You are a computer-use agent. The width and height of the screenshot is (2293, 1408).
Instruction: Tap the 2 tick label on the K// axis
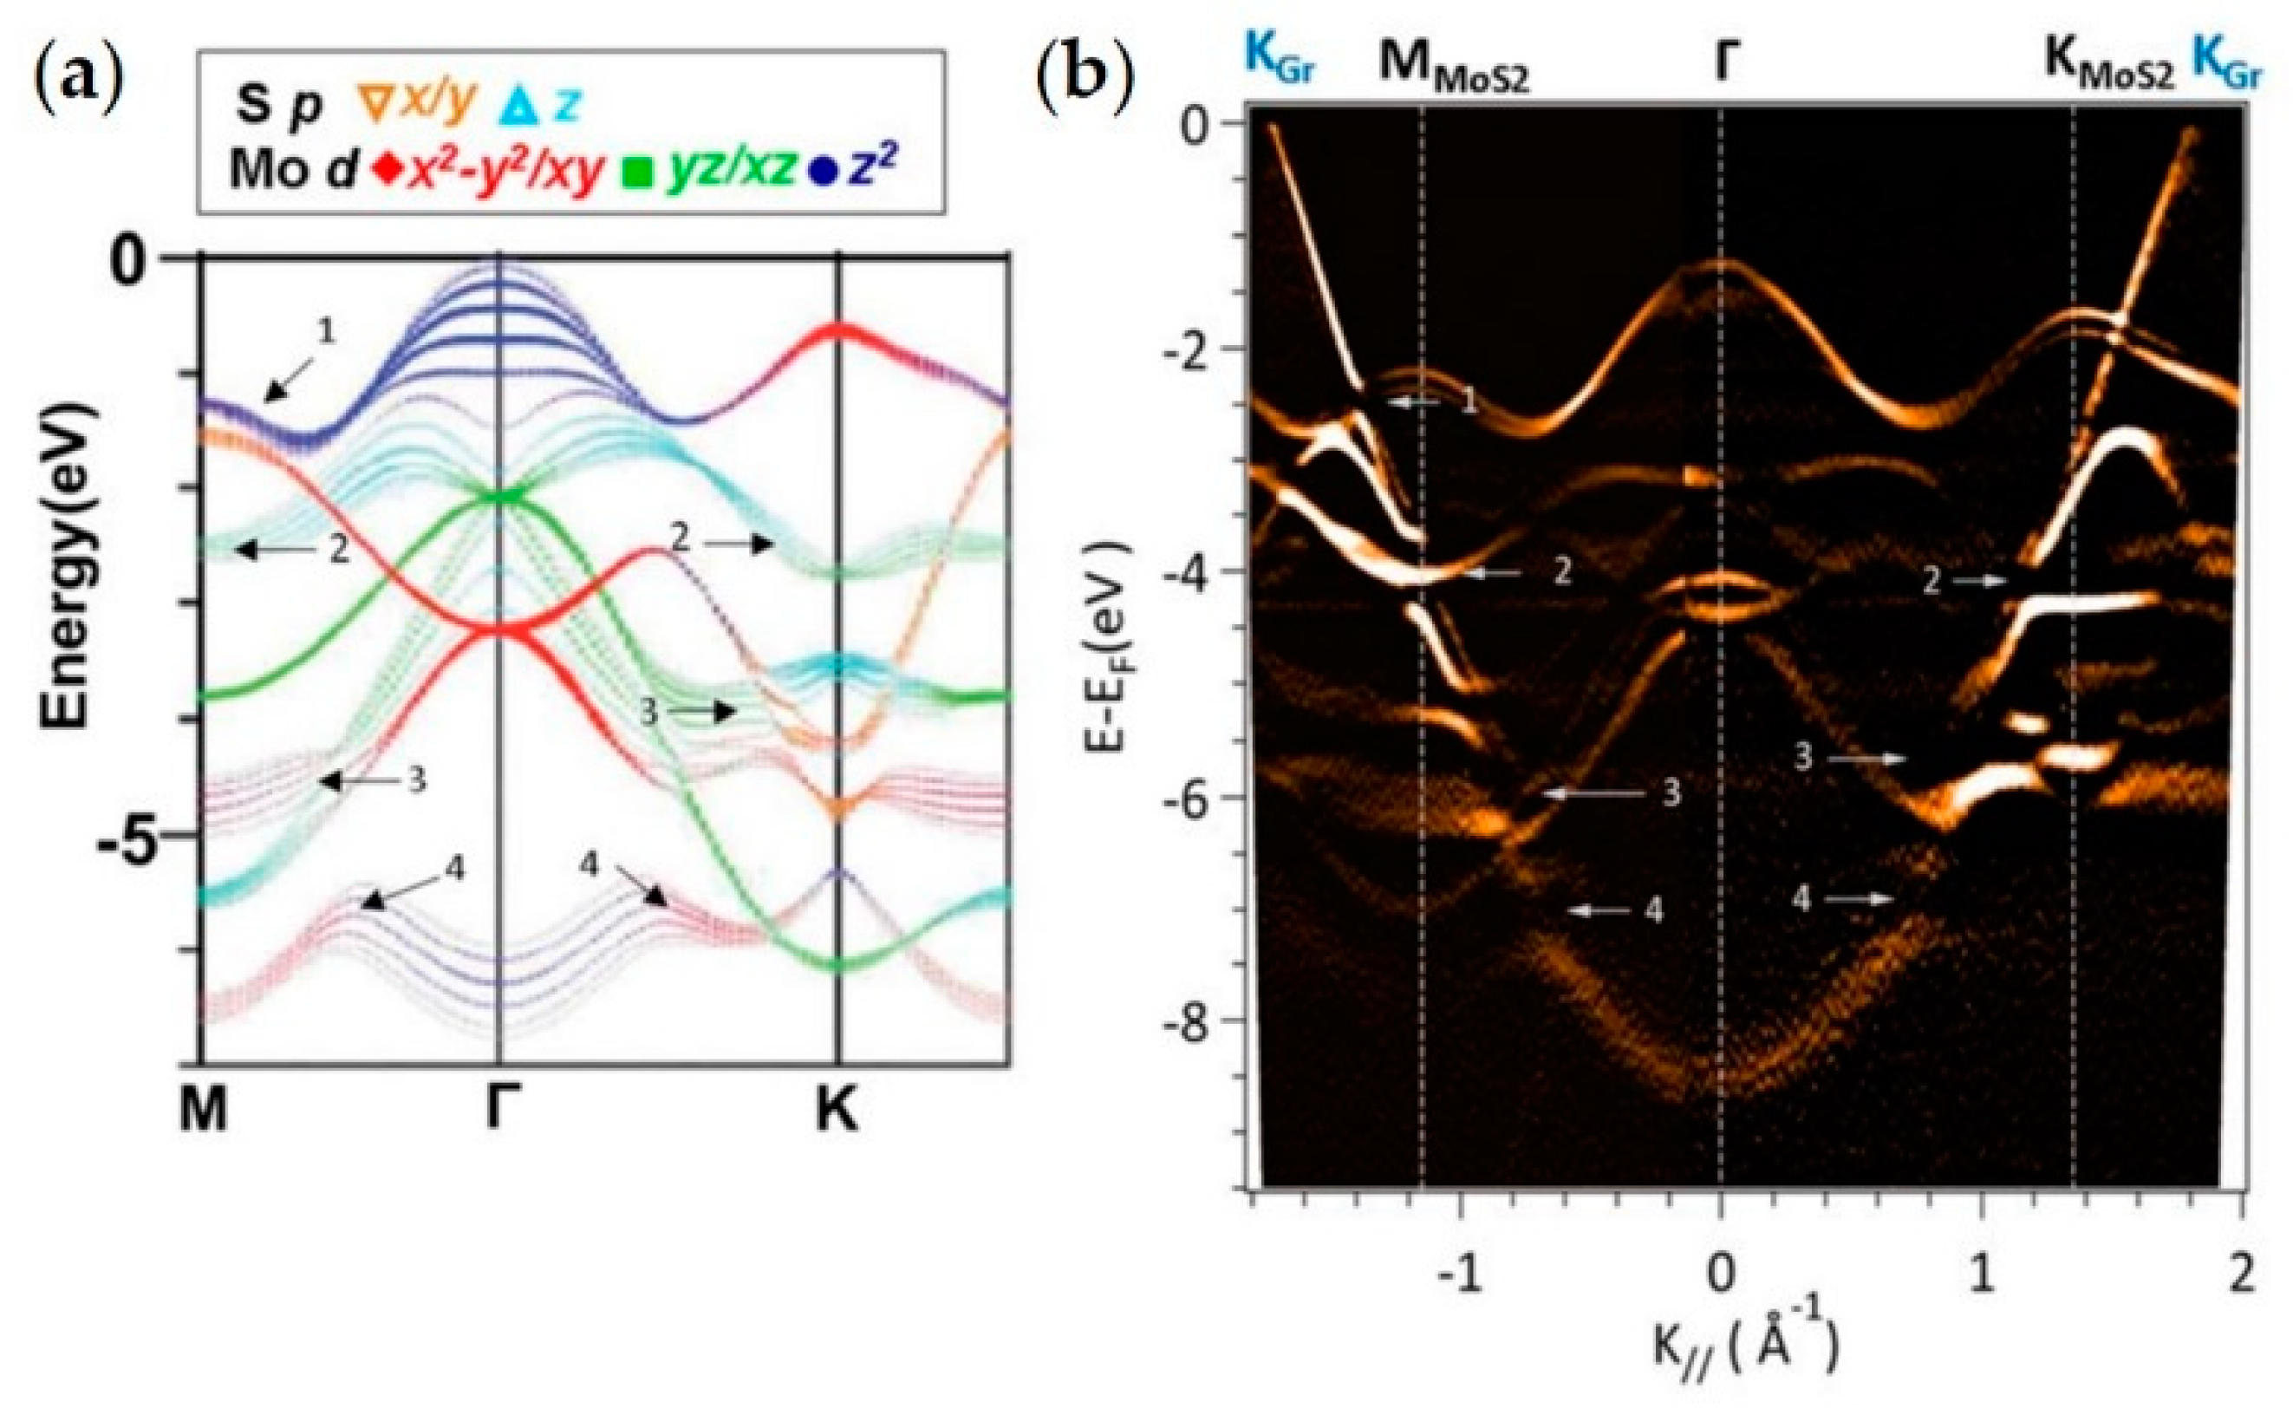2242,1273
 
